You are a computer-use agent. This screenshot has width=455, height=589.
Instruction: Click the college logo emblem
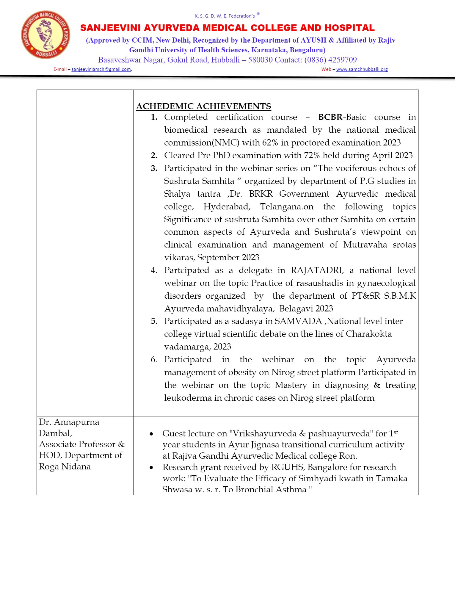tap(45, 35)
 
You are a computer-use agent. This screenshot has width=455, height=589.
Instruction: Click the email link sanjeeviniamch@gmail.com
tap(101, 69)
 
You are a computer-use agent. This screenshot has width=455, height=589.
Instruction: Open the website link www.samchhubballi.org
tap(362, 69)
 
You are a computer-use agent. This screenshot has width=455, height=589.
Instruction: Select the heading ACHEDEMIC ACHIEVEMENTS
tap(203, 106)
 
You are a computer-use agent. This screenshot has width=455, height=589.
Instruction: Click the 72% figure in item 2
tap(312, 155)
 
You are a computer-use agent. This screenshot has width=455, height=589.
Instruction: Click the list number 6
tap(154, 359)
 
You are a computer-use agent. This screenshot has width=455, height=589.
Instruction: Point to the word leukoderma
tap(188, 398)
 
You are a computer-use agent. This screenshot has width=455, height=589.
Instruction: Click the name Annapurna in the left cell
tap(77, 422)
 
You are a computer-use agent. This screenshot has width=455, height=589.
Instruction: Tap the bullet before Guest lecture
tap(151, 434)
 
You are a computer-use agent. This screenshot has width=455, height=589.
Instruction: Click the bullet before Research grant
tap(151, 468)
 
